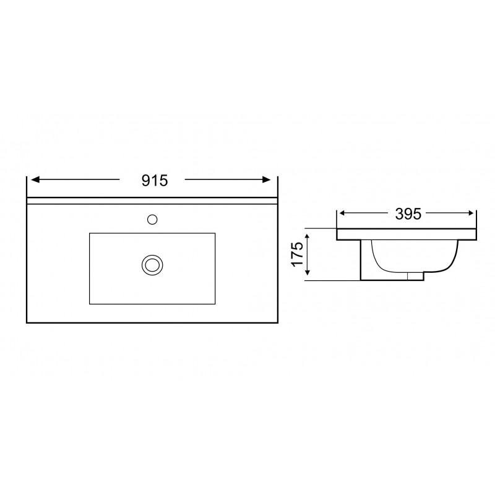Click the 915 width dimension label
pos(154,181)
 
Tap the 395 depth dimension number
pos(408,214)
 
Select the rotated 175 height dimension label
pos(297,254)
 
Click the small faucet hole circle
pos(152,220)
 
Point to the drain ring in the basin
pos(152,265)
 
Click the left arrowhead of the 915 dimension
pos(35,179)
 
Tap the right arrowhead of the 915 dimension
pos(267,179)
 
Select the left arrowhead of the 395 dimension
pos(342,213)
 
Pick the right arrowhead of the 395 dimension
pos(471,213)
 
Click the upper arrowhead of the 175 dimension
pos(308,236)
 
